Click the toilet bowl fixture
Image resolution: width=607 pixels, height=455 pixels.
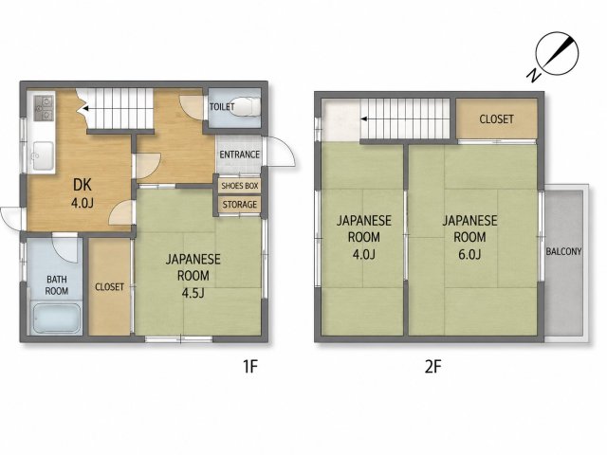coord(247,105)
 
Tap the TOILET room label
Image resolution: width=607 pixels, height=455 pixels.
coord(222,106)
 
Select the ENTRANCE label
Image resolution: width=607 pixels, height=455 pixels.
coord(239,155)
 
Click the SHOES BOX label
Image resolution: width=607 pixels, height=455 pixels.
coord(240,186)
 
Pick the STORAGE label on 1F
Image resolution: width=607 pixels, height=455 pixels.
coord(240,204)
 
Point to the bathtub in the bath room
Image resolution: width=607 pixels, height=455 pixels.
coord(57,318)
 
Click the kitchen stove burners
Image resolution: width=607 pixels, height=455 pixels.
coord(43,108)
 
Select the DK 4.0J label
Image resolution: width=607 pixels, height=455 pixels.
coord(83,193)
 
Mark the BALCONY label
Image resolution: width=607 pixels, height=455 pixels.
coord(563,251)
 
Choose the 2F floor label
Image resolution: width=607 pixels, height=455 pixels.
coord(433,366)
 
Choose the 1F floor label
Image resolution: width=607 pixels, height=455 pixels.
coord(250,366)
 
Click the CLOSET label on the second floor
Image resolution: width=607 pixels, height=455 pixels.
coord(496,119)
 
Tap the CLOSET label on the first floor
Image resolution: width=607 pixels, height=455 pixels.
coord(110,286)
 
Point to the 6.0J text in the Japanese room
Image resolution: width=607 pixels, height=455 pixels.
coord(469,254)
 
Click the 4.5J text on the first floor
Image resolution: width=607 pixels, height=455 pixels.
coord(193,293)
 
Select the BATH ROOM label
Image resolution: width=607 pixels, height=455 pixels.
coord(57,284)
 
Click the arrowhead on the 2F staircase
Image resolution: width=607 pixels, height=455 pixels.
coord(364,118)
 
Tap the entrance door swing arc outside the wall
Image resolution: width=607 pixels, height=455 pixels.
coord(287,150)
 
